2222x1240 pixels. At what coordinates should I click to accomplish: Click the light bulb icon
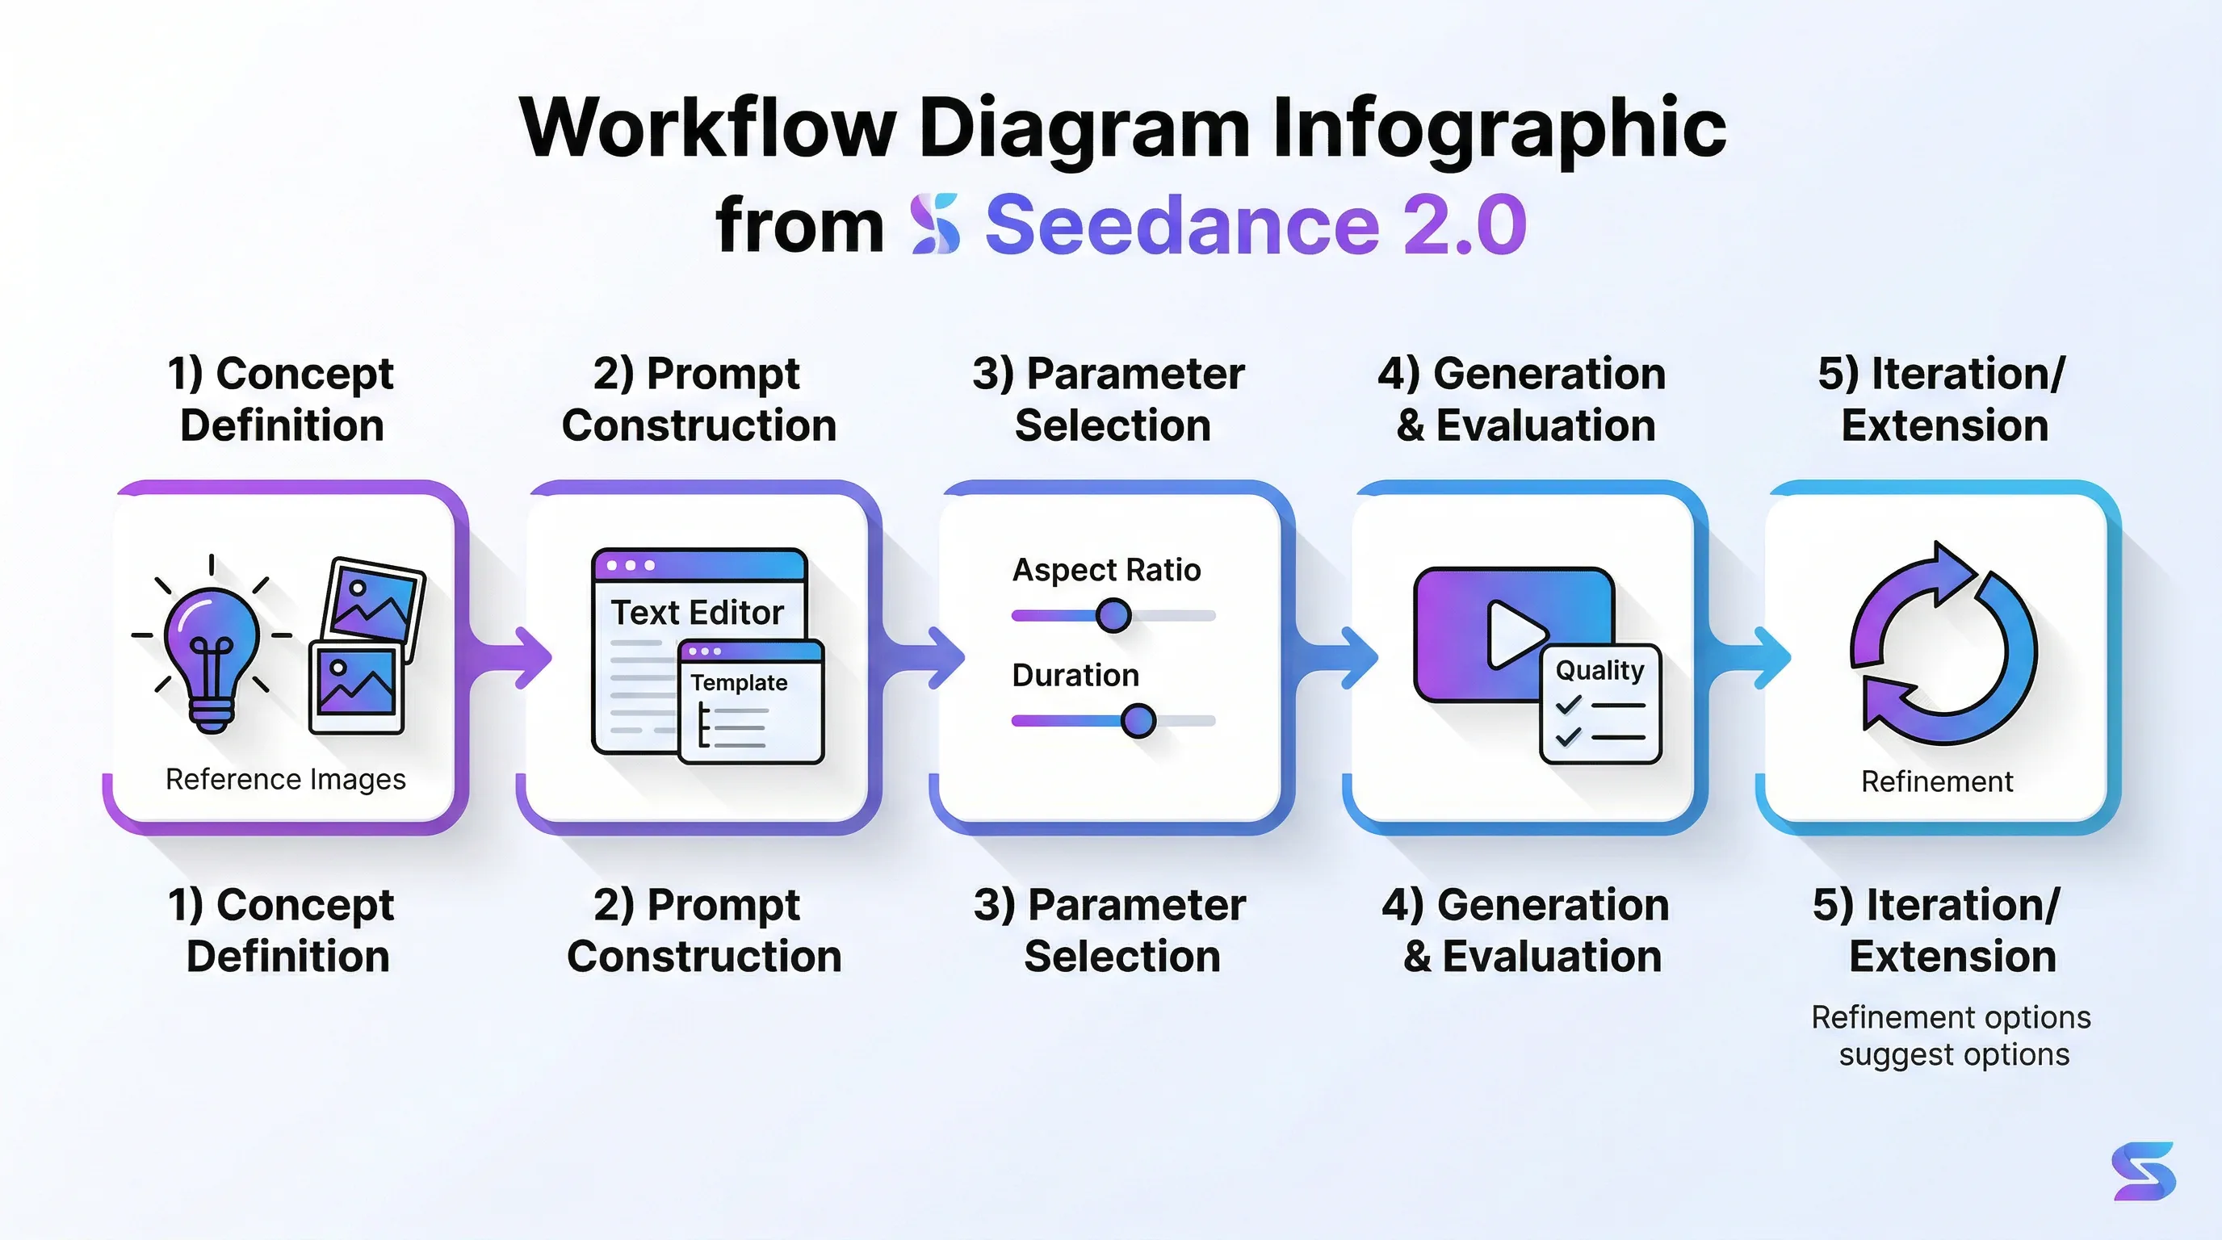pos(212,647)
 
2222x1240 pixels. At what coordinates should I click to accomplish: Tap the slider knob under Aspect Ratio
pos(1113,616)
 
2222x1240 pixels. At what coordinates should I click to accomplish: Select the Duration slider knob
pos(1138,720)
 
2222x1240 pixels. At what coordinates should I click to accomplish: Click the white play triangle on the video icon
pos(1513,634)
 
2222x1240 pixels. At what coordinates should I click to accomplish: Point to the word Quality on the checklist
pos(1599,670)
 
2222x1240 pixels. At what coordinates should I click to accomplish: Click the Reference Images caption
pos(286,780)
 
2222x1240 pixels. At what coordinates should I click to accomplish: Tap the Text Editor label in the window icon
pos(697,612)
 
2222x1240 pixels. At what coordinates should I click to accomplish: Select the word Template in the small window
pos(738,683)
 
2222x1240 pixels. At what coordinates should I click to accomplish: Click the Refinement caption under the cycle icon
pos(1936,781)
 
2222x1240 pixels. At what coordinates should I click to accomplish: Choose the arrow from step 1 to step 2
pos(528,658)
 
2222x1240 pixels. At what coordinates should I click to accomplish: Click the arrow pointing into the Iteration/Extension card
pos(1768,658)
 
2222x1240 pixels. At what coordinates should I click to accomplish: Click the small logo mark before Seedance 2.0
pos(935,224)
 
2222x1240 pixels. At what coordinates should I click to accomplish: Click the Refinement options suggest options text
pos(1952,1036)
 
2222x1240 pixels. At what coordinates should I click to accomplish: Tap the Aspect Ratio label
pos(1106,570)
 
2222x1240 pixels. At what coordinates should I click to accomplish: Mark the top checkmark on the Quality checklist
pos(1568,705)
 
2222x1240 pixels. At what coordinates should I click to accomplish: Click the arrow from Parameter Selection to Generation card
pos(1355,658)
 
